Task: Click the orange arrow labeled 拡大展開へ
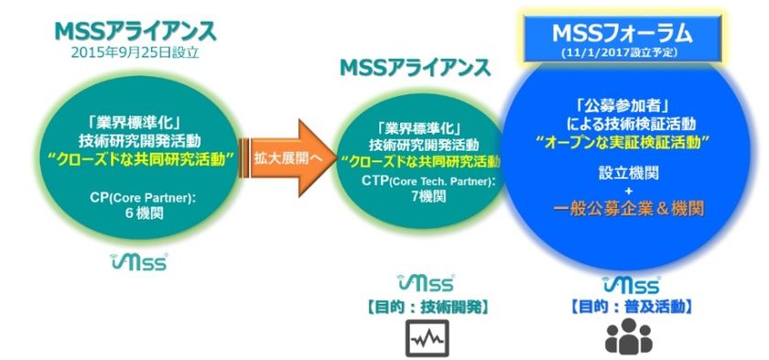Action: [x=284, y=158]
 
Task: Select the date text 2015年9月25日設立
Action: [x=135, y=53]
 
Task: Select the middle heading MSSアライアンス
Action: [x=415, y=69]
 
